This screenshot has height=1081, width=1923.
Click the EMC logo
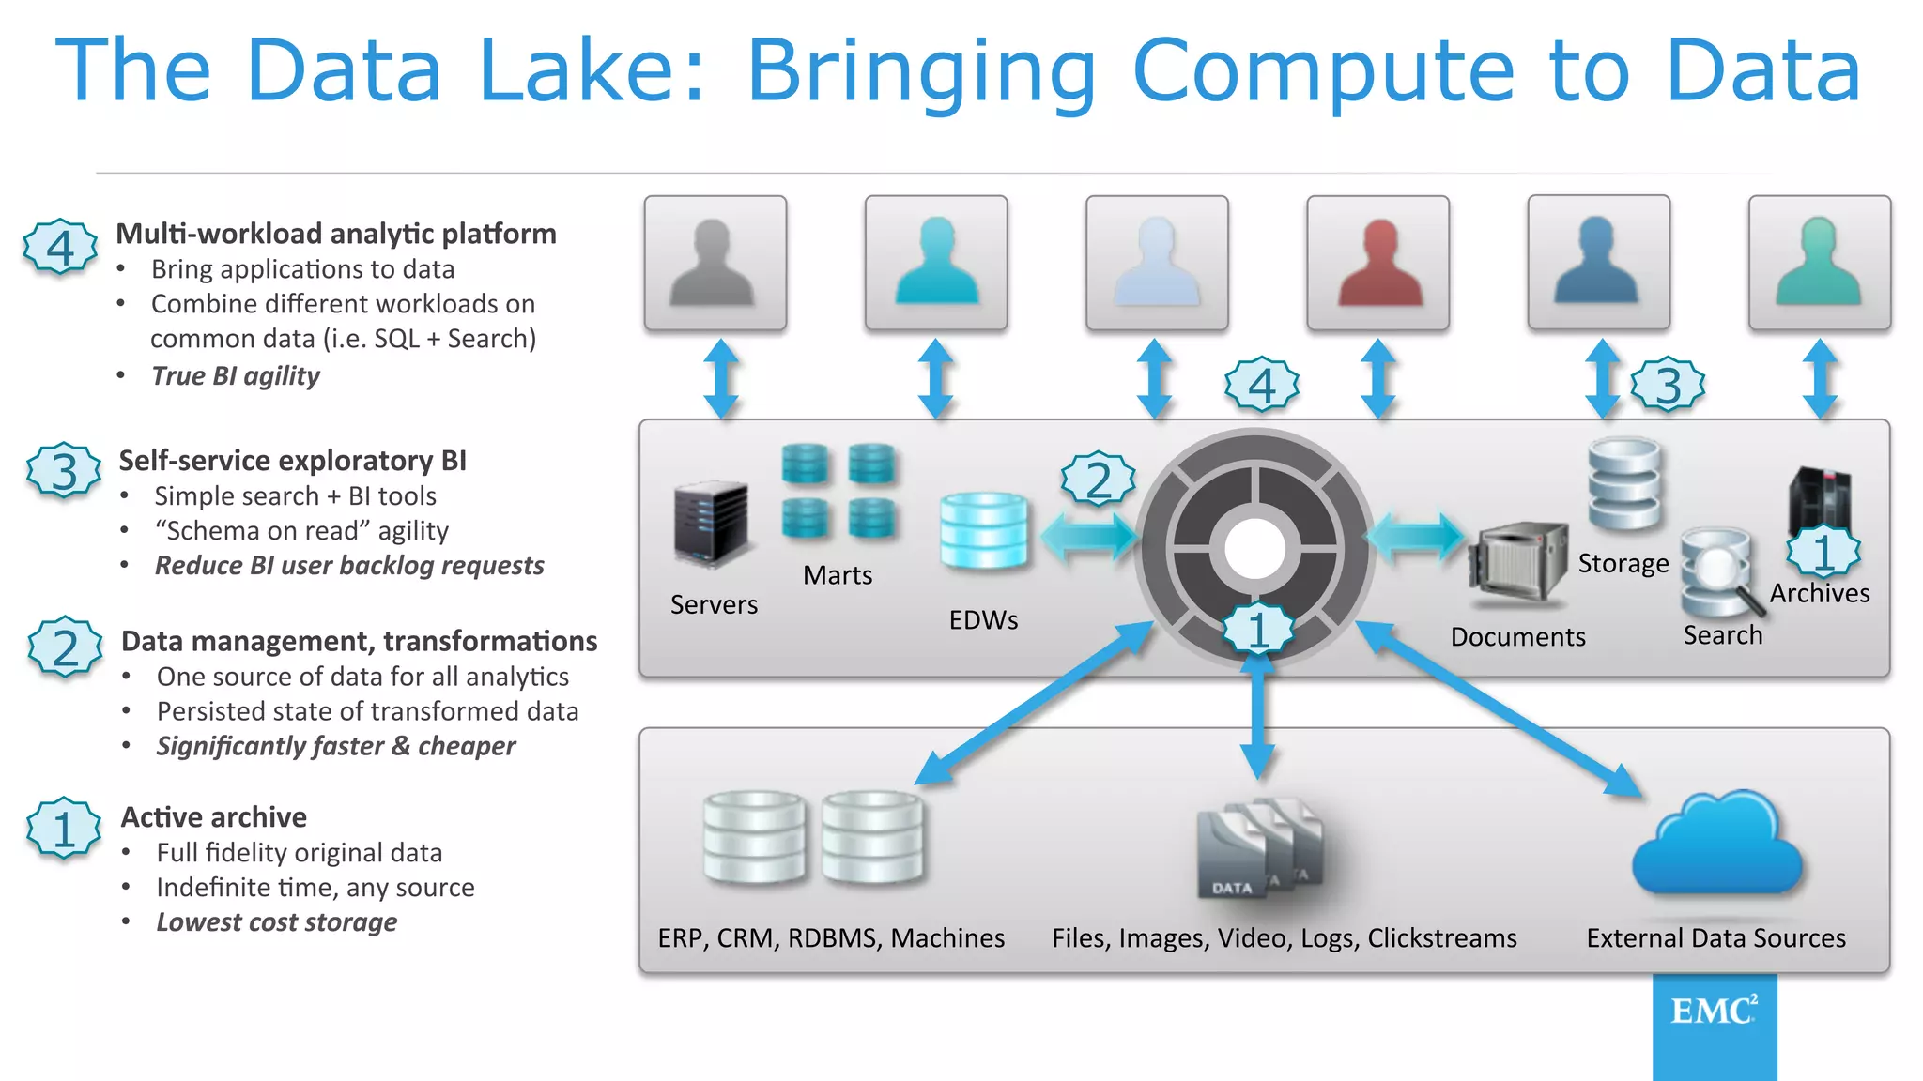tap(1714, 1012)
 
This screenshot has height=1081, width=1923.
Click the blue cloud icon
tap(1717, 845)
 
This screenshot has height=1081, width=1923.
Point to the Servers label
tap(714, 604)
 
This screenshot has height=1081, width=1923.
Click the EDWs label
tap(983, 619)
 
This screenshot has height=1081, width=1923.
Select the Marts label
tap(838, 575)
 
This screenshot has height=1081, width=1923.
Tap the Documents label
tap(1517, 637)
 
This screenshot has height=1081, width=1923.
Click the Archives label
tap(1820, 593)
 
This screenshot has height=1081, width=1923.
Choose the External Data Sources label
tap(1715, 938)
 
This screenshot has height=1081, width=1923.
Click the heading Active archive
tap(214, 817)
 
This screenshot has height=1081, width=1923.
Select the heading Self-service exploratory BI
tap(292, 461)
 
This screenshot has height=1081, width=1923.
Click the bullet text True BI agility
tap(236, 376)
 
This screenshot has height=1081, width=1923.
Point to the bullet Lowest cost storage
tap(277, 922)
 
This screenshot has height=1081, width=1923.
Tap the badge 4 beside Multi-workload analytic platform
tap(60, 247)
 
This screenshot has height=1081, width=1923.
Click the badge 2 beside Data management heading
tap(65, 647)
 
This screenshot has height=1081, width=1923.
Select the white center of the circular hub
tap(1255, 549)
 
